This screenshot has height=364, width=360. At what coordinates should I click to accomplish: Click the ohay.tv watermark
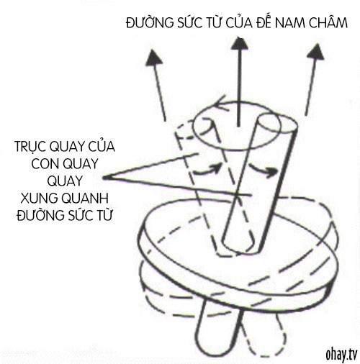341,354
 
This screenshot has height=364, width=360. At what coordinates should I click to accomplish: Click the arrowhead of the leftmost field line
153,58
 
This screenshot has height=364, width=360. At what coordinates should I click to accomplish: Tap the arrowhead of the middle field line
239,43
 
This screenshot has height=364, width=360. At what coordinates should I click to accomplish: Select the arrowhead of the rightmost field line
316,51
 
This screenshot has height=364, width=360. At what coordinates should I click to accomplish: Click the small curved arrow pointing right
264,170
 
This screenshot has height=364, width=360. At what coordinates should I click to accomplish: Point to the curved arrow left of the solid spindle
207,170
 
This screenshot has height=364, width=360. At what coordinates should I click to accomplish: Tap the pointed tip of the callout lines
104,178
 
